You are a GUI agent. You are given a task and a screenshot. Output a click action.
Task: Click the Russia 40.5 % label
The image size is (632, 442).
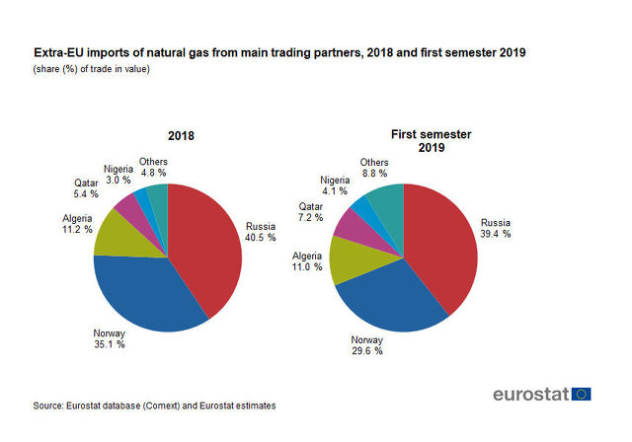click(260, 231)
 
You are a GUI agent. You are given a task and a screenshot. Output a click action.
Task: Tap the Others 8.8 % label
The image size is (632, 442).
click(374, 169)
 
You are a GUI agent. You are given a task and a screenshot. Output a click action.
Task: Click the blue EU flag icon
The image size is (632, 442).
click(582, 394)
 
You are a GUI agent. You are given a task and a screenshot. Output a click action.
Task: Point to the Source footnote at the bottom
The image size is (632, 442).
click(154, 405)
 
